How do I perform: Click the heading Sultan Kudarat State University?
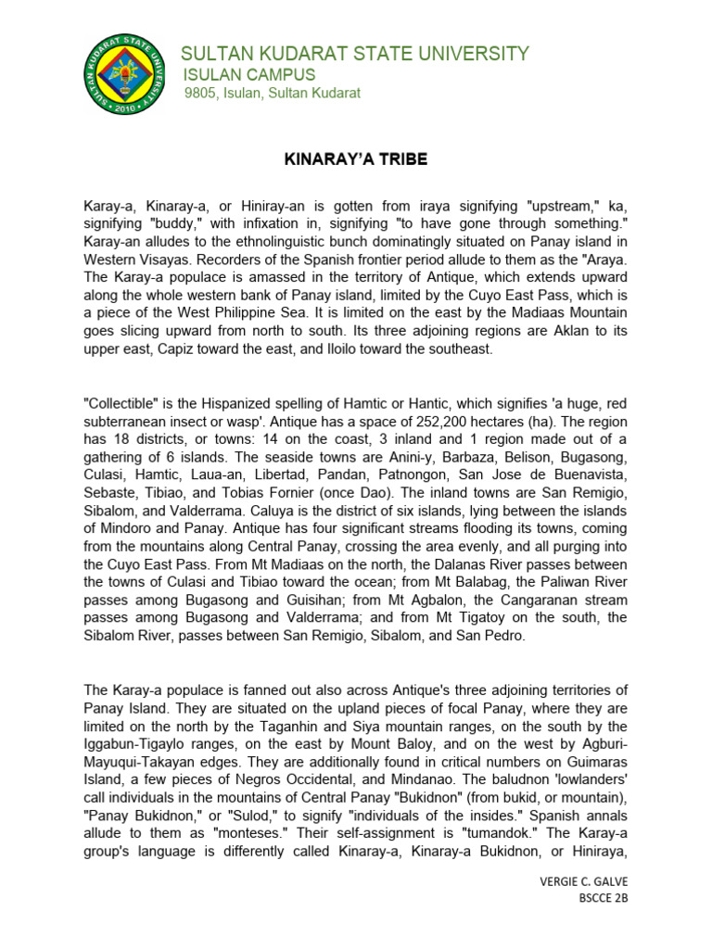[x=355, y=54]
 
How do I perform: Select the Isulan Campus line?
[x=248, y=75]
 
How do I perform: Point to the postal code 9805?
[x=200, y=94]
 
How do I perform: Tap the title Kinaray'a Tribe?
[x=355, y=159]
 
